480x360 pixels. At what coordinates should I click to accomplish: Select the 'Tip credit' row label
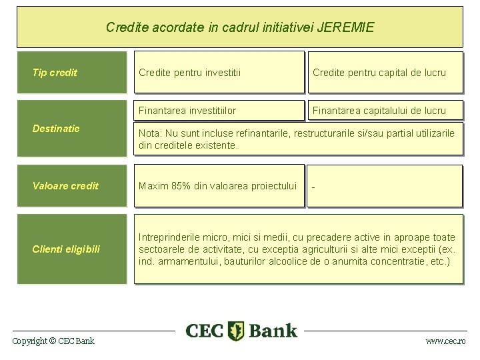[x=55, y=73]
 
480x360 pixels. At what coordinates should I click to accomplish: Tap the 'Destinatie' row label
[x=56, y=128]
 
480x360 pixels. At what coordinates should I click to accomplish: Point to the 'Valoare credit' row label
[x=65, y=186]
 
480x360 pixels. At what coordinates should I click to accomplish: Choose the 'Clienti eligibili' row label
[x=66, y=249]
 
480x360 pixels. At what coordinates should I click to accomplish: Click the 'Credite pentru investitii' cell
[x=189, y=73]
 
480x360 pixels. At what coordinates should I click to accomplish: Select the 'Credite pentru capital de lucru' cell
[x=379, y=73]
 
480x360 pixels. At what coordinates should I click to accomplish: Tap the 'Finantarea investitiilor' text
[x=187, y=111]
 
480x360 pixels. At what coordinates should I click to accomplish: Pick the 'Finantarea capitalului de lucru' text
[x=379, y=111]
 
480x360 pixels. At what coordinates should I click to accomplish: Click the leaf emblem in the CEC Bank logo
[x=236, y=331]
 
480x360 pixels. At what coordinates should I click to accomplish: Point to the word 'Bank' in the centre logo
[x=272, y=331]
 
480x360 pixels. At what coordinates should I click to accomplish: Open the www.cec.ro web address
[x=446, y=341]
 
